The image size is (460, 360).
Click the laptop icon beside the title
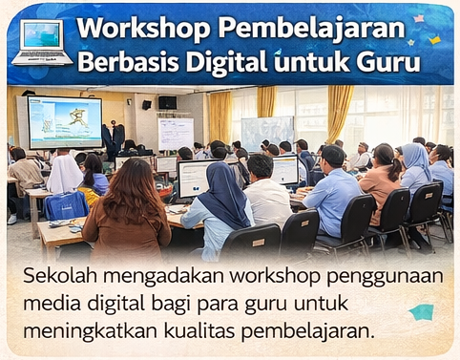[x=41, y=41]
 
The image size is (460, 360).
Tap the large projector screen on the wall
[x=65, y=121]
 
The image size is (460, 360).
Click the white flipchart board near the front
[x=176, y=134]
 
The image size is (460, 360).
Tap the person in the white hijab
[x=65, y=174]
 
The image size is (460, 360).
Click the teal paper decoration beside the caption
[x=421, y=311]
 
